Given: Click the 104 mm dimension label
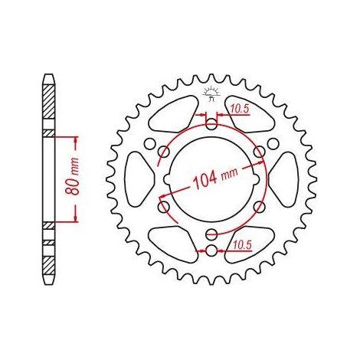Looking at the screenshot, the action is point(216,178).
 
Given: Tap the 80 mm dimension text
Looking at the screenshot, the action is point(72,176).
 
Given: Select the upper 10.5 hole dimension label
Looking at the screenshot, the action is point(241,109).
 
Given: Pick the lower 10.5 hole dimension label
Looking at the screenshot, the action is point(243,245).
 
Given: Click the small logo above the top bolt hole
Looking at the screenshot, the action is point(211,93).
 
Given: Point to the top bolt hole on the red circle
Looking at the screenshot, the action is point(211,125).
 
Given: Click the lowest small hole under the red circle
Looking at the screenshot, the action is point(211,251).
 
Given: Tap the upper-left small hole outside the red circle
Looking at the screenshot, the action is point(149,144).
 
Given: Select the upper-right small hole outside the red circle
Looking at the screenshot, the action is point(273,144).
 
